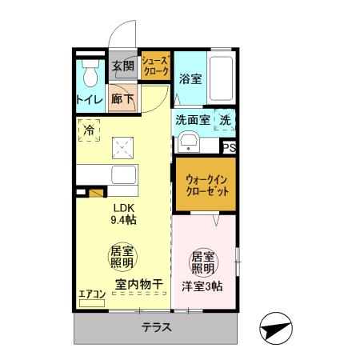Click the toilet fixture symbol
90,74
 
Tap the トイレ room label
88,100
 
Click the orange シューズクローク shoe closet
154,66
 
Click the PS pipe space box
229,147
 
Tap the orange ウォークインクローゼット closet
206,186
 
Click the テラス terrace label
157,327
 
